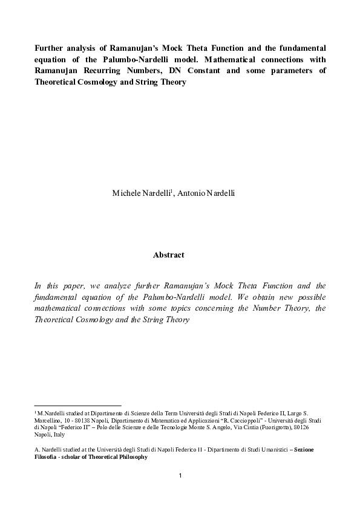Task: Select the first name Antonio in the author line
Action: click(192, 193)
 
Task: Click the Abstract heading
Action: click(169, 255)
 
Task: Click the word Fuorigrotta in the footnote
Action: click(264, 427)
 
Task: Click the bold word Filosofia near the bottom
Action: click(47, 457)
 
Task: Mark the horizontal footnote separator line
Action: click(78, 406)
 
